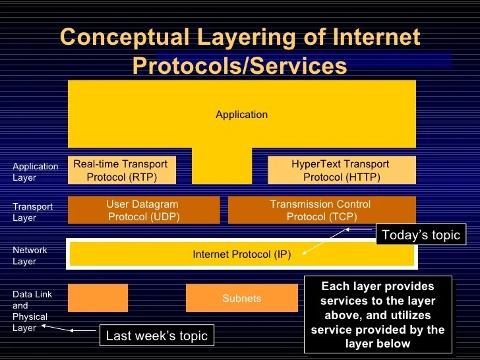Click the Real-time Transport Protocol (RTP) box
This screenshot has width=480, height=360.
[122, 171]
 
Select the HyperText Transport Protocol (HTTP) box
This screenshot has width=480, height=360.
[341, 171]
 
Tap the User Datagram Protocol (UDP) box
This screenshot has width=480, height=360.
[143, 210]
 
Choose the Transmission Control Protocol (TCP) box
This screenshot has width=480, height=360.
[321, 210]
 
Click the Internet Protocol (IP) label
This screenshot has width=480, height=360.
[241, 254]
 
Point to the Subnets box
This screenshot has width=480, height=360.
[241, 298]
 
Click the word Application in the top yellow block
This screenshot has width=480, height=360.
[241, 115]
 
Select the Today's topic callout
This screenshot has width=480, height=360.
[421, 235]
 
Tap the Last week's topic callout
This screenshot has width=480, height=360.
[157, 336]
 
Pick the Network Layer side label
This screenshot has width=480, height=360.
[30, 256]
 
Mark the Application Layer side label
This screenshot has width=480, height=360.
[35, 172]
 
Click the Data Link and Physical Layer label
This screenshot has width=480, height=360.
[32, 311]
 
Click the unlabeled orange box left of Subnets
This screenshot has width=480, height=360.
[98, 298]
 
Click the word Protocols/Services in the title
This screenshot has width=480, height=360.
[239, 65]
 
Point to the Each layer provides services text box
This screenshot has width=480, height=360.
[378, 315]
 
